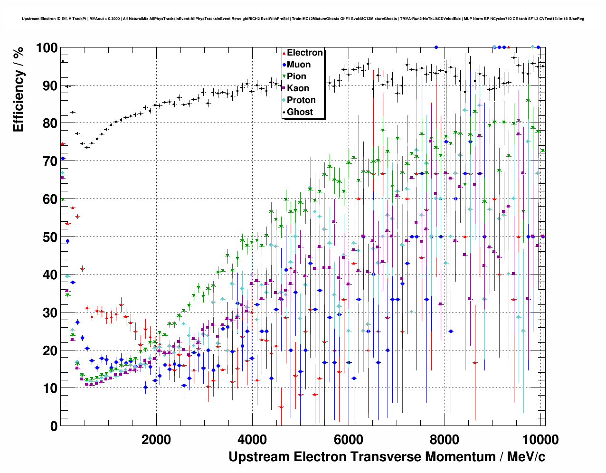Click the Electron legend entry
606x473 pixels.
[x=304, y=53]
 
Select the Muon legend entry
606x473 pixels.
[x=298, y=65]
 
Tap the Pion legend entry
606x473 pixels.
[x=296, y=76]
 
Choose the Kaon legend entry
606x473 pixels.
[x=298, y=88]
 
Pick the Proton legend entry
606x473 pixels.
[x=301, y=100]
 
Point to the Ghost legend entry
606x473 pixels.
[x=300, y=112]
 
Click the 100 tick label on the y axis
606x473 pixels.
[x=46, y=48]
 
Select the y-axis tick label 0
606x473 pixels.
[x=54, y=426]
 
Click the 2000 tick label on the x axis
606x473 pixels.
[x=156, y=440]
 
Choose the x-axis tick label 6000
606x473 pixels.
[x=348, y=440]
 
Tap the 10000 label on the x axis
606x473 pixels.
[x=540, y=440]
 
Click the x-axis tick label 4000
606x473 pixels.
[x=252, y=440]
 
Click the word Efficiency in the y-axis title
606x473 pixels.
[x=18, y=101]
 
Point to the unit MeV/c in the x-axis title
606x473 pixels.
[x=526, y=457]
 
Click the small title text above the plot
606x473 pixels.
[x=303, y=19]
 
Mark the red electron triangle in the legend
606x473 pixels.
[x=284, y=53]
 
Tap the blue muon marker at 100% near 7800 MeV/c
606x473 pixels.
[x=436, y=47]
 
